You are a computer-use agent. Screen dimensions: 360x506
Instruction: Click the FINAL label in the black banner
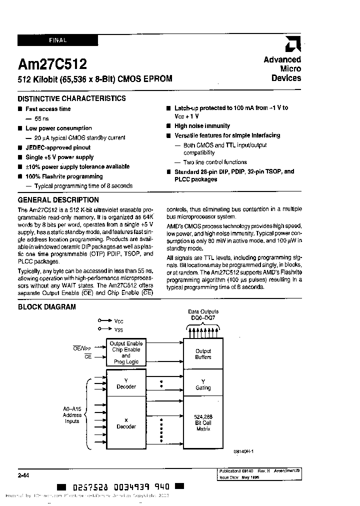(x=57, y=40)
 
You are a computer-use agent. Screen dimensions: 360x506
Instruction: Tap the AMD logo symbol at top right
(x=293, y=45)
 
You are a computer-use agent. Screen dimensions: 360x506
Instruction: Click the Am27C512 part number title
(x=52, y=64)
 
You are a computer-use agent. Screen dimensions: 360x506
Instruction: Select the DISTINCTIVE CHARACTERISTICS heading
(x=71, y=98)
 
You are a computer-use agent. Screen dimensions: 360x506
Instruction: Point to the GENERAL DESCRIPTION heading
(x=58, y=199)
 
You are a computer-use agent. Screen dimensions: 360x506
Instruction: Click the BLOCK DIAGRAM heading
(x=47, y=306)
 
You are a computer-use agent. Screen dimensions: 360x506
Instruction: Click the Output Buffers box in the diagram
(x=203, y=354)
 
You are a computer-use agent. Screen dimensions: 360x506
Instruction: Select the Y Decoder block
(x=126, y=383)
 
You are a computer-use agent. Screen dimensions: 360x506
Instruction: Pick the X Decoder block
(x=126, y=423)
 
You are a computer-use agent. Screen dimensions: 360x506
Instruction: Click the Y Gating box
(x=203, y=384)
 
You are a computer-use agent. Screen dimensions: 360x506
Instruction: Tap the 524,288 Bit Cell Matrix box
(x=203, y=422)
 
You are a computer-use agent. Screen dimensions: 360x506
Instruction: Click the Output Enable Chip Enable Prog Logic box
(x=126, y=352)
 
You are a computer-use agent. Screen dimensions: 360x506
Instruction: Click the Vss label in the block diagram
(x=118, y=329)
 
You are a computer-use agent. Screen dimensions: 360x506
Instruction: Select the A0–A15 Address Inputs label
(x=72, y=414)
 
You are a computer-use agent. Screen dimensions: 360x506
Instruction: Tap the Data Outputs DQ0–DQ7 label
(x=203, y=314)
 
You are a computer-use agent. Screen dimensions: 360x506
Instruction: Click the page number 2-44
(x=23, y=475)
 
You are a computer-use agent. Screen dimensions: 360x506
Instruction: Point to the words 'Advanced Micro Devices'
(x=282, y=68)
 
